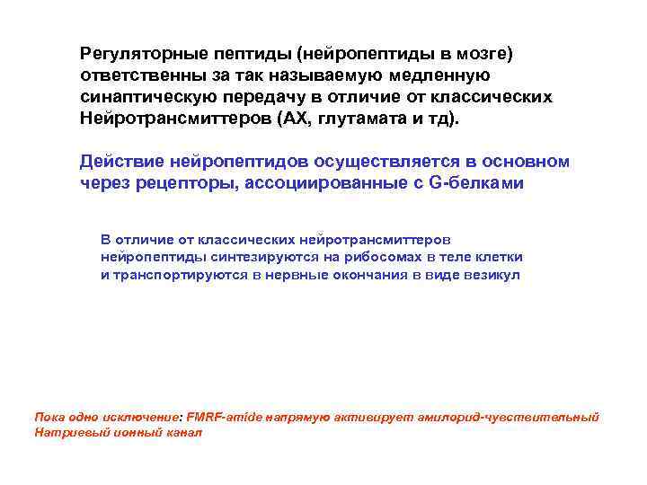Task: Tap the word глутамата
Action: click(x=362, y=119)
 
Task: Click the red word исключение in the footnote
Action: click(x=143, y=418)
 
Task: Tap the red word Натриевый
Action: click(x=64, y=432)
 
